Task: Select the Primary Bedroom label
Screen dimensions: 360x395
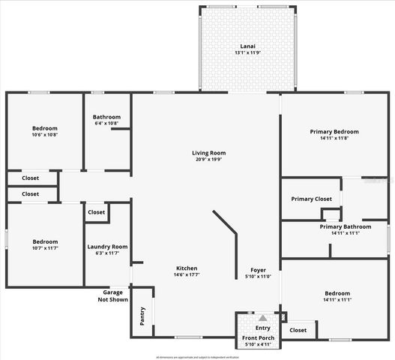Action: pyautogui.click(x=335, y=132)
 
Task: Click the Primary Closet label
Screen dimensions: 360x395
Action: pyautogui.click(x=311, y=199)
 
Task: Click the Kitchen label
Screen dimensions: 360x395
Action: pyautogui.click(x=187, y=268)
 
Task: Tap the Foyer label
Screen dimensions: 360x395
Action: pyautogui.click(x=259, y=269)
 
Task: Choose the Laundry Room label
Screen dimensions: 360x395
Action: pyautogui.click(x=107, y=247)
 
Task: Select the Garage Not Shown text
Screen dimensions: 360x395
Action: pyautogui.click(x=112, y=295)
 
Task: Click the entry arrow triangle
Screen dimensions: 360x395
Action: pyautogui.click(x=262, y=318)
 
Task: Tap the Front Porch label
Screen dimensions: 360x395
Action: pyautogui.click(x=258, y=338)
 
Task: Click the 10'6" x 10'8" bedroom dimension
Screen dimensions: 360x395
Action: pyautogui.click(x=44, y=135)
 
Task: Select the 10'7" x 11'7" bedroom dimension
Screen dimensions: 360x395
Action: pyautogui.click(x=44, y=248)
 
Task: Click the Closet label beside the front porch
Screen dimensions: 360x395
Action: pyautogui.click(x=298, y=330)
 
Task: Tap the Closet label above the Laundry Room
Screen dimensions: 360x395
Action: pyautogui.click(x=96, y=212)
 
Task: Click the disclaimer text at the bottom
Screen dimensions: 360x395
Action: pyautogui.click(x=197, y=356)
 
